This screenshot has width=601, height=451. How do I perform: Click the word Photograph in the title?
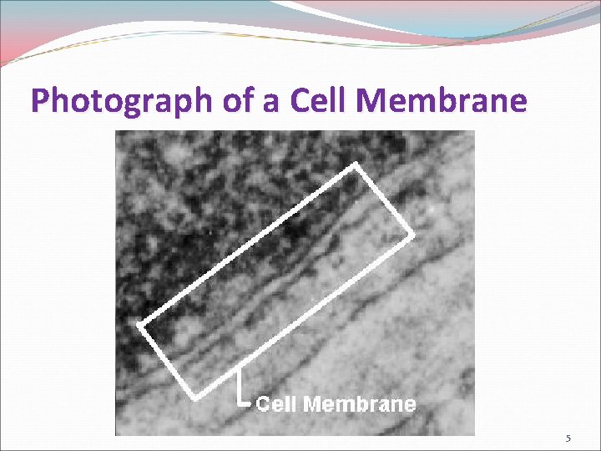coord(123,101)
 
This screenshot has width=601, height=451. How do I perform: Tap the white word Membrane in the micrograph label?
coord(359,404)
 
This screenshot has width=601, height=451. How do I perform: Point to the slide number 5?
coord(568,438)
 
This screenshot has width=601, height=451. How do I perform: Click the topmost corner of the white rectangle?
coord(357,165)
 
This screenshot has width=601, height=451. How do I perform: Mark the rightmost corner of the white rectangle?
coord(412,236)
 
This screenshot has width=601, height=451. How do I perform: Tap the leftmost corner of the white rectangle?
coord(139,324)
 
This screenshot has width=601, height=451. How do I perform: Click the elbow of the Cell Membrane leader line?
coord(240,403)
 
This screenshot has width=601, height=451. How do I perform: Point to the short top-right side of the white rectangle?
coord(385,200)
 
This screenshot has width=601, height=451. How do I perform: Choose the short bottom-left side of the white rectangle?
coord(167,360)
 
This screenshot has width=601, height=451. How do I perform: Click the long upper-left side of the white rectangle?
coord(248,245)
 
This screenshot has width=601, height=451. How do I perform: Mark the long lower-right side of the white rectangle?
coord(304,315)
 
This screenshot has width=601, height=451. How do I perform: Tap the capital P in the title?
coord(40,101)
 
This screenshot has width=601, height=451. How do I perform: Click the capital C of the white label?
coord(262,404)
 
